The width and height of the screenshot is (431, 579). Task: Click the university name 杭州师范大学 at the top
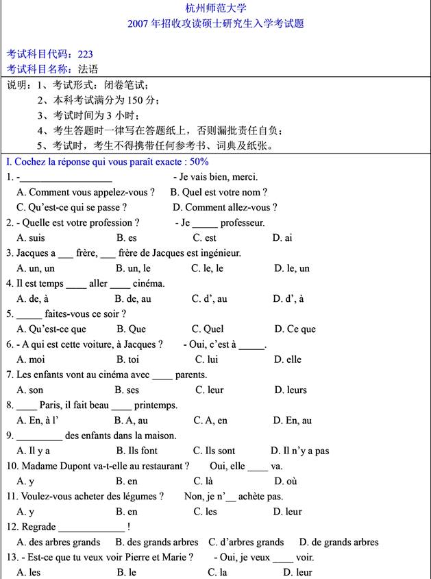[215, 8]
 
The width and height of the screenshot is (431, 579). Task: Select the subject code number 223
[86, 54]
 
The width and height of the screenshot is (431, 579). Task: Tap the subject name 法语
[88, 69]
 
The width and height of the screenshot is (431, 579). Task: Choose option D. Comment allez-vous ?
[225, 207]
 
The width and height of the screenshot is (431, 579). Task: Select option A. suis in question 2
[31, 237]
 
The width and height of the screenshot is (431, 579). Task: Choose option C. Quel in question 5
[208, 329]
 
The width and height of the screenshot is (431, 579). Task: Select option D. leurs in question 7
[291, 390]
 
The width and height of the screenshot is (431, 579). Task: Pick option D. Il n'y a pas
[299, 451]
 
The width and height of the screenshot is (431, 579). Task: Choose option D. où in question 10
[286, 481]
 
